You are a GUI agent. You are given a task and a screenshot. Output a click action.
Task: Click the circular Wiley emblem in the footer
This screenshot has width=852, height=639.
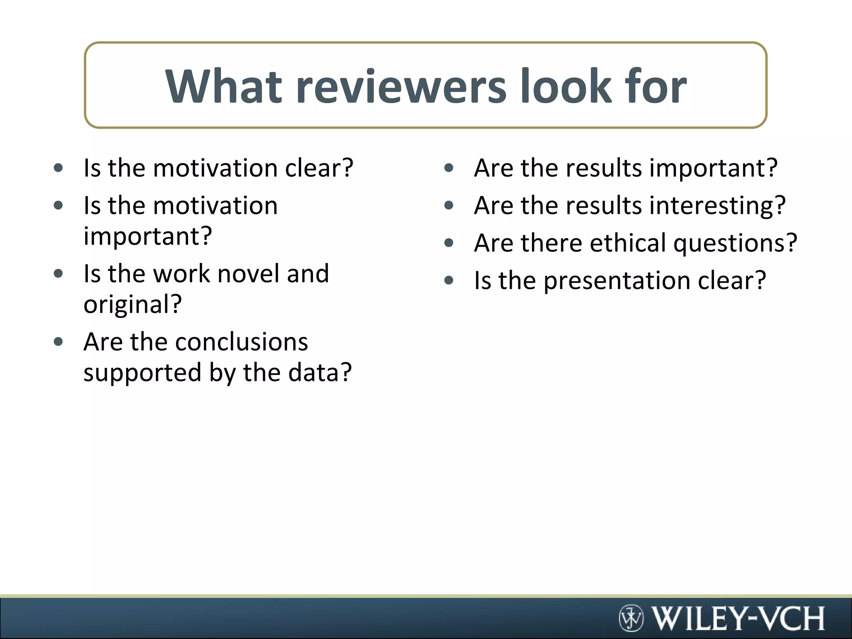click(631, 618)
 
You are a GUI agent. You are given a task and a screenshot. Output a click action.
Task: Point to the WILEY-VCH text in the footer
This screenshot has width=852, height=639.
click(738, 618)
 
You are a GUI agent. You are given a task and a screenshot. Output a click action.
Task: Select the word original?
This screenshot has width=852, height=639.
click(133, 304)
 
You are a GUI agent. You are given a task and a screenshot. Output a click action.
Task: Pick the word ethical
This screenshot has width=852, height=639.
click(628, 243)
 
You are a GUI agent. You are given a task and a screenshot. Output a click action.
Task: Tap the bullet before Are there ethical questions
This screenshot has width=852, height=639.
click(448, 243)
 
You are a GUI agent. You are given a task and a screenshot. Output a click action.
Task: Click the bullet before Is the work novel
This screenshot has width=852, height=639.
click(58, 274)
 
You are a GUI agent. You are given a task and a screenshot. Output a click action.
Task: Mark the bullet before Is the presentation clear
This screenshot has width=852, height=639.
click(448, 280)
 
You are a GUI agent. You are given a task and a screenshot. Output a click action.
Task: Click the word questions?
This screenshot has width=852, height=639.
click(735, 243)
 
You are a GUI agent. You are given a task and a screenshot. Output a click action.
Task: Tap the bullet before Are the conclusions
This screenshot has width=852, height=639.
click(58, 342)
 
